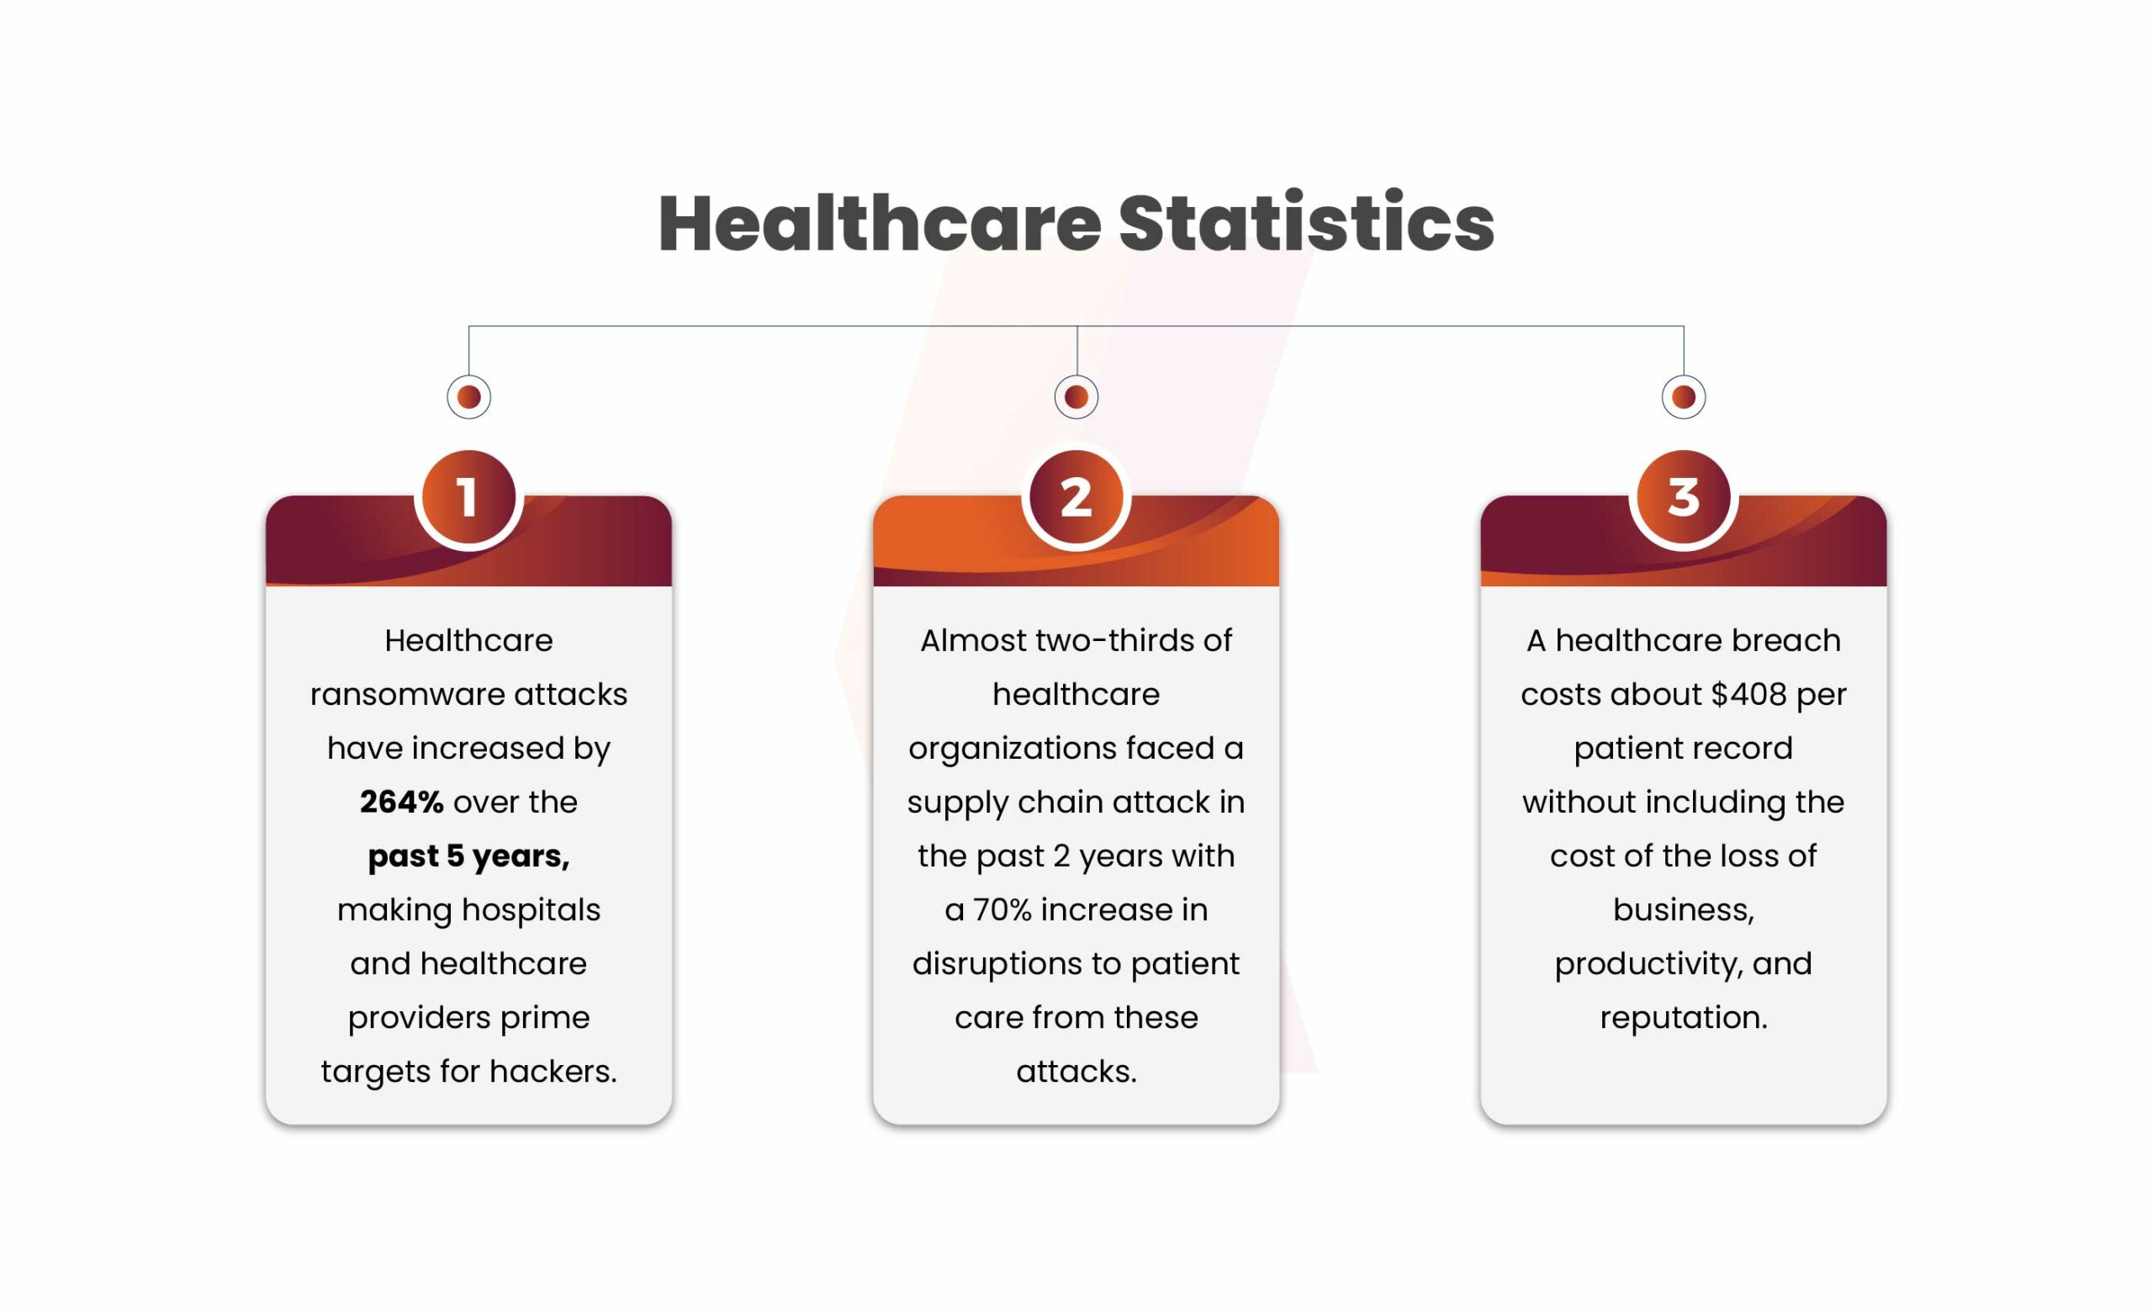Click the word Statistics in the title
coord(1307,223)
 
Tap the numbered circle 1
coord(468,497)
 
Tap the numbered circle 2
coord(1076,497)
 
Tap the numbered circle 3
coord(1684,497)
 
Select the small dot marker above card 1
coord(469,398)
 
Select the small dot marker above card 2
coord(1076,398)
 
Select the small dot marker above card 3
coord(1684,398)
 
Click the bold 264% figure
coord(402,803)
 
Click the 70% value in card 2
coord(1002,910)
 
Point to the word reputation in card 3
coord(1684,1018)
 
